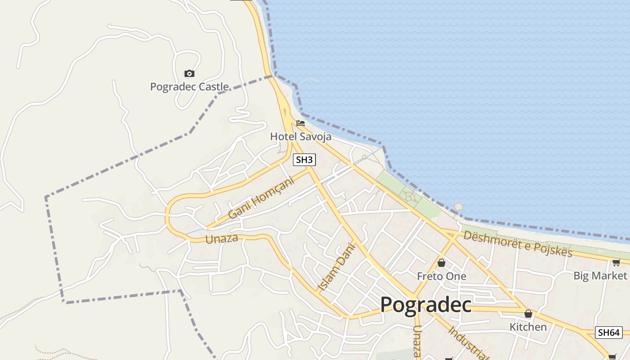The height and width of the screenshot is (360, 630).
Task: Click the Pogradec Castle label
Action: (189, 87)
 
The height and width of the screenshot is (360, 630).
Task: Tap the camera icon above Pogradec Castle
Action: (189, 73)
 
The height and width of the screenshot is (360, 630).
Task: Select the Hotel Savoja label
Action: (301, 136)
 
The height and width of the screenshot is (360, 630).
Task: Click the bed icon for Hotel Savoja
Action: (301, 123)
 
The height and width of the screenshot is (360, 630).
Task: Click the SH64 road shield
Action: (609, 333)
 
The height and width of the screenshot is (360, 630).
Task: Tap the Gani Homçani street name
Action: (261, 198)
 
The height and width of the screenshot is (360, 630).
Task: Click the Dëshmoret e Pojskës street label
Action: (517, 243)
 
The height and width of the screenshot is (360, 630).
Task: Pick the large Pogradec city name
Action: (426, 305)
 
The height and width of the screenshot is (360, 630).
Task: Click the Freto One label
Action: (441, 276)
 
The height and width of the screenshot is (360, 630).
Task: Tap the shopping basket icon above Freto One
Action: (441, 263)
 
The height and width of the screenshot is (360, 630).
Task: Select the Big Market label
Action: (600, 275)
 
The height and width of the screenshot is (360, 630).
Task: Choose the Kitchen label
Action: (528, 327)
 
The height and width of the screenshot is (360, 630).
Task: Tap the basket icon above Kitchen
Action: (528, 314)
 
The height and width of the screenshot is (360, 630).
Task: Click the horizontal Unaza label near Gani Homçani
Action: (221, 238)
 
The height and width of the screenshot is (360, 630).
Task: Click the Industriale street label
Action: (468, 343)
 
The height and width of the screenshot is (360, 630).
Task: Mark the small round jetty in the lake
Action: (459, 207)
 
